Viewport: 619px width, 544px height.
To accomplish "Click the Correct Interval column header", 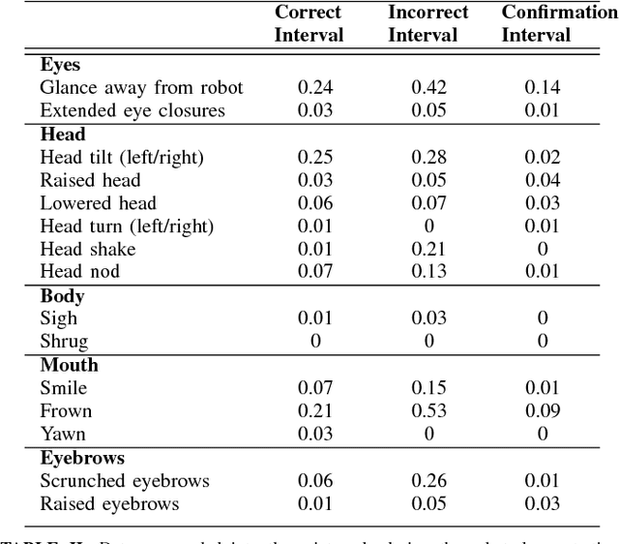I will pyautogui.click(x=309, y=24).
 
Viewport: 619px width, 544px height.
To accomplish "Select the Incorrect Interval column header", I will pyautogui.click(x=427, y=24).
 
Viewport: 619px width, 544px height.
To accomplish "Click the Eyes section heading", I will pyautogui.click(x=60, y=66).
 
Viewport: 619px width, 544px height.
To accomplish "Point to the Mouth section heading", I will pyautogui.click(x=69, y=366).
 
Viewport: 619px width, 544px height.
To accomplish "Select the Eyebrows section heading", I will pyautogui.click(x=83, y=458).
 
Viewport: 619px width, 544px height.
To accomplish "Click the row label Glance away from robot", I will pyautogui.click(x=141, y=88).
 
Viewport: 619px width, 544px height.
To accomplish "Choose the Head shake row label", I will pyautogui.click(x=88, y=249).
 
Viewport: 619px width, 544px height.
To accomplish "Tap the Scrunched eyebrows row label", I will pyautogui.click(x=125, y=480).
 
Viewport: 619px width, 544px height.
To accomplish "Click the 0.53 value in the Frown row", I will pyautogui.click(x=427, y=410).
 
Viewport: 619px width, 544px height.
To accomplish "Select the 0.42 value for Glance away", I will pyautogui.click(x=427, y=88).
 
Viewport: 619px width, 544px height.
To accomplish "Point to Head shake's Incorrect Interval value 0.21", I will pyautogui.click(x=427, y=249).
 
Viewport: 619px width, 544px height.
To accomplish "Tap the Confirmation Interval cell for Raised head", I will pyautogui.click(x=542, y=180).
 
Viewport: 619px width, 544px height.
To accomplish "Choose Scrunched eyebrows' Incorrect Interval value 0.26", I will pyautogui.click(x=427, y=480).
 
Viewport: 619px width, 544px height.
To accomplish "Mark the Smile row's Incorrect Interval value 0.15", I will pyautogui.click(x=427, y=388).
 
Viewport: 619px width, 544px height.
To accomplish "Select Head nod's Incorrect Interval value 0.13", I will pyautogui.click(x=427, y=272).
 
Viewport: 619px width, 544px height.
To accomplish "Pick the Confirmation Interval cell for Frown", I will pyautogui.click(x=542, y=410).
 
